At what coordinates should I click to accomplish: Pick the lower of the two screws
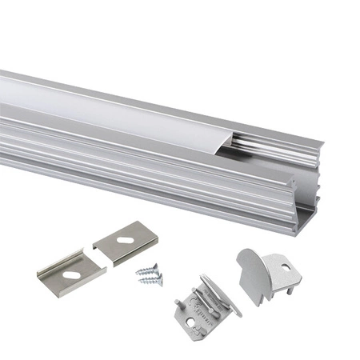coord(152,280)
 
